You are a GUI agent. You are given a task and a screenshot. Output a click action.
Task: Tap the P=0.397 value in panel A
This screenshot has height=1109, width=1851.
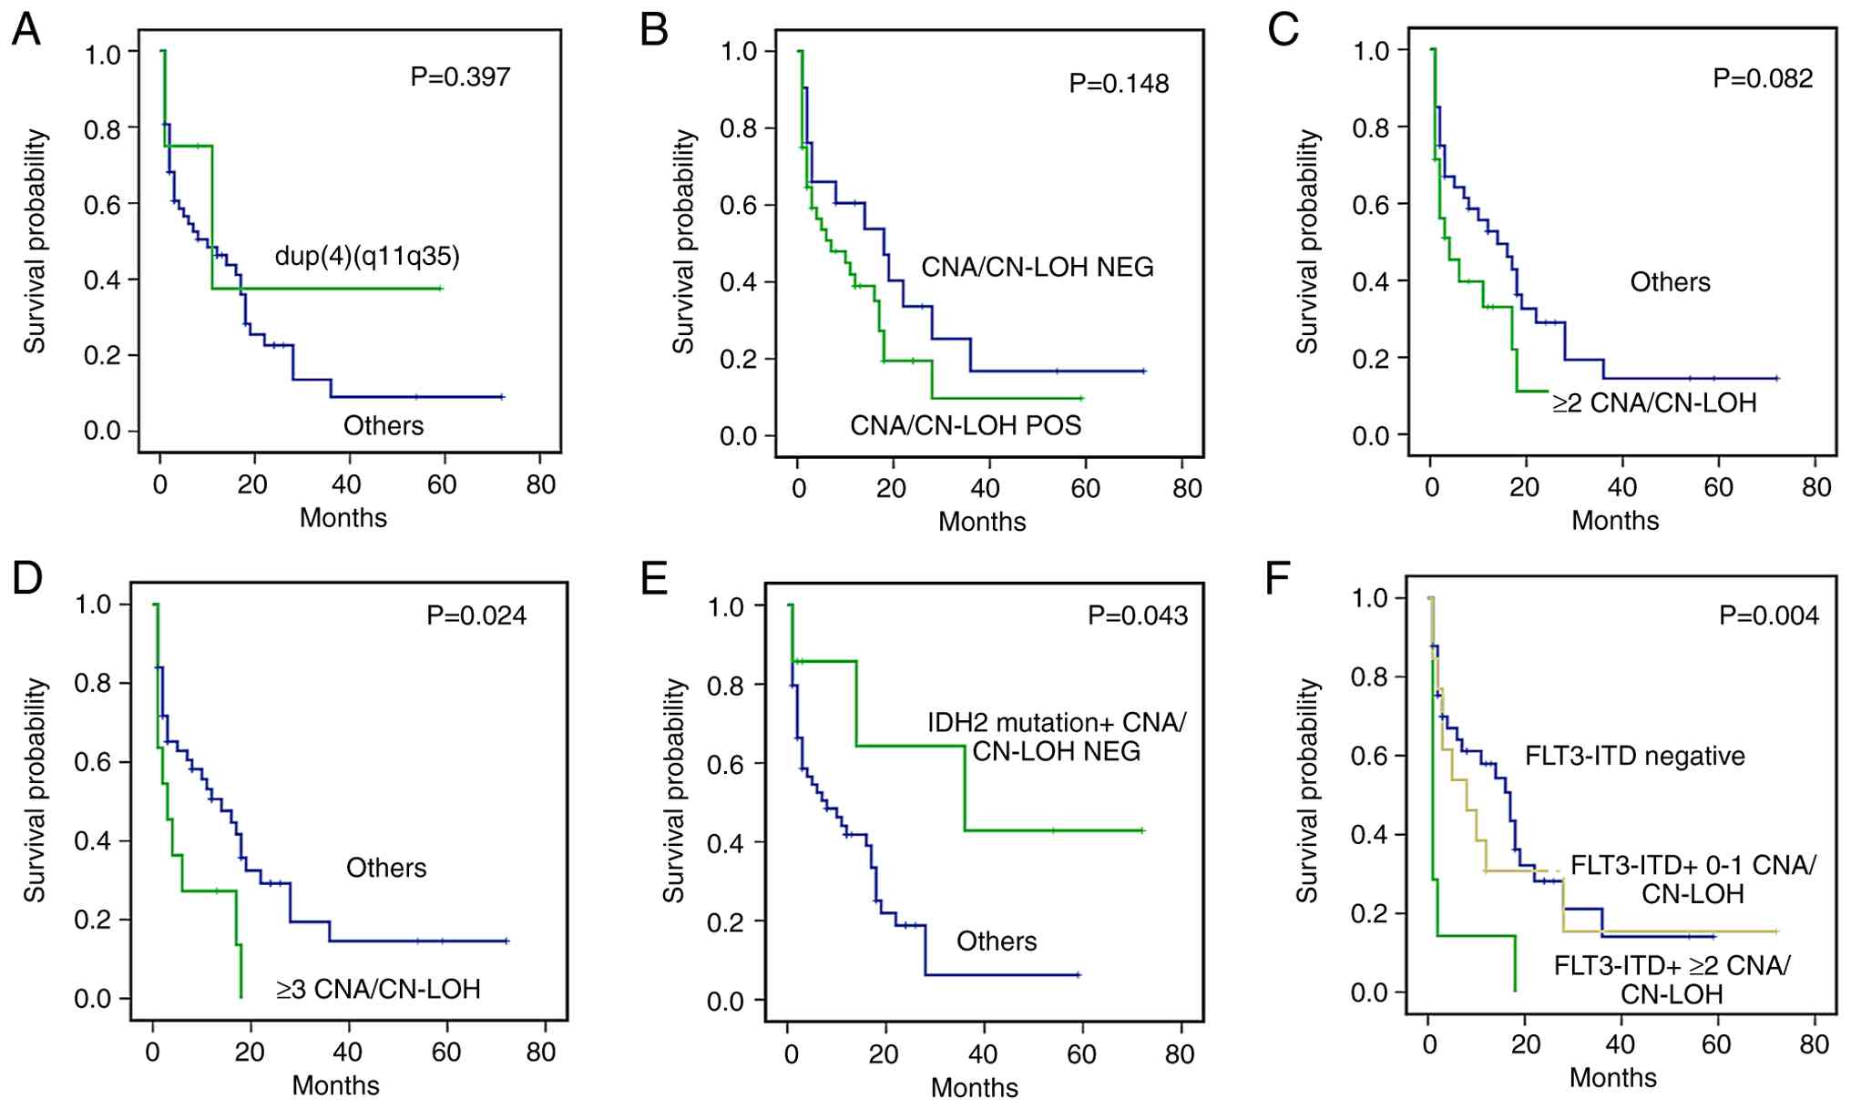tap(460, 76)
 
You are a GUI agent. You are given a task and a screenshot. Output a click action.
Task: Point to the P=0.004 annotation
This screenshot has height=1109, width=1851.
tap(1768, 616)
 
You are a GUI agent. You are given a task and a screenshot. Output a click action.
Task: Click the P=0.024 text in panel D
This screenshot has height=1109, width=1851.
tap(476, 616)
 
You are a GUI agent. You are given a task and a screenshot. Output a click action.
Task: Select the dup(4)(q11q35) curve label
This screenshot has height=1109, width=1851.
tap(367, 256)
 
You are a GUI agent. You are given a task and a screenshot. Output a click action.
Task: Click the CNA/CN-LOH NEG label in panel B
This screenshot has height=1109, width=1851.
tap(1038, 267)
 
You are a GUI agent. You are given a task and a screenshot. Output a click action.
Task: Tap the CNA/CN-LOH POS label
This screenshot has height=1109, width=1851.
tap(966, 425)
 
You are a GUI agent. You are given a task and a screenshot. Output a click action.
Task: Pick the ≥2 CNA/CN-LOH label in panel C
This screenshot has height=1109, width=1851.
tap(1654, 402)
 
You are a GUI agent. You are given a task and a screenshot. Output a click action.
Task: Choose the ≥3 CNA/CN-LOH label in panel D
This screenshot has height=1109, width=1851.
tap(378, 989)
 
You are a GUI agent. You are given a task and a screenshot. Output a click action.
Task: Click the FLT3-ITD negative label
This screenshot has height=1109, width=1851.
tap(1635, 756)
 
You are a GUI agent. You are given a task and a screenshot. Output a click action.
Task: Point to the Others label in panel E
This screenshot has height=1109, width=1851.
tap(997, 941)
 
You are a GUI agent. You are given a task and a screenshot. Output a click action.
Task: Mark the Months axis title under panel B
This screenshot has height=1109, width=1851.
tap(982, 522)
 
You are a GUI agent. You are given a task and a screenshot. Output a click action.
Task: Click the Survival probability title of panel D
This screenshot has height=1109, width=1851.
tap(35, 790)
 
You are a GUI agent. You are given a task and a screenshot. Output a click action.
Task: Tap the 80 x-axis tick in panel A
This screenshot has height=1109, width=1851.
tap(540, 484)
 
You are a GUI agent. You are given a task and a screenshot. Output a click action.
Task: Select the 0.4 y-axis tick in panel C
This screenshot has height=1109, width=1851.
tap(1371, 282)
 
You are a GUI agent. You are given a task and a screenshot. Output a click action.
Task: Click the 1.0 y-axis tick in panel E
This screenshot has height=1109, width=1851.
tap(725, 606)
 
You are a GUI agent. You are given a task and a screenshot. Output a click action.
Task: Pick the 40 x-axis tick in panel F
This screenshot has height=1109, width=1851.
tap(1620, 1043)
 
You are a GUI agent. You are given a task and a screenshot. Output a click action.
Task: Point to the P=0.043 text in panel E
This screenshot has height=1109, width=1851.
tap(1138, 616)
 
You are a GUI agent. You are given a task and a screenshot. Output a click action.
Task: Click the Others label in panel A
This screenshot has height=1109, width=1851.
tap(383, 425)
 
